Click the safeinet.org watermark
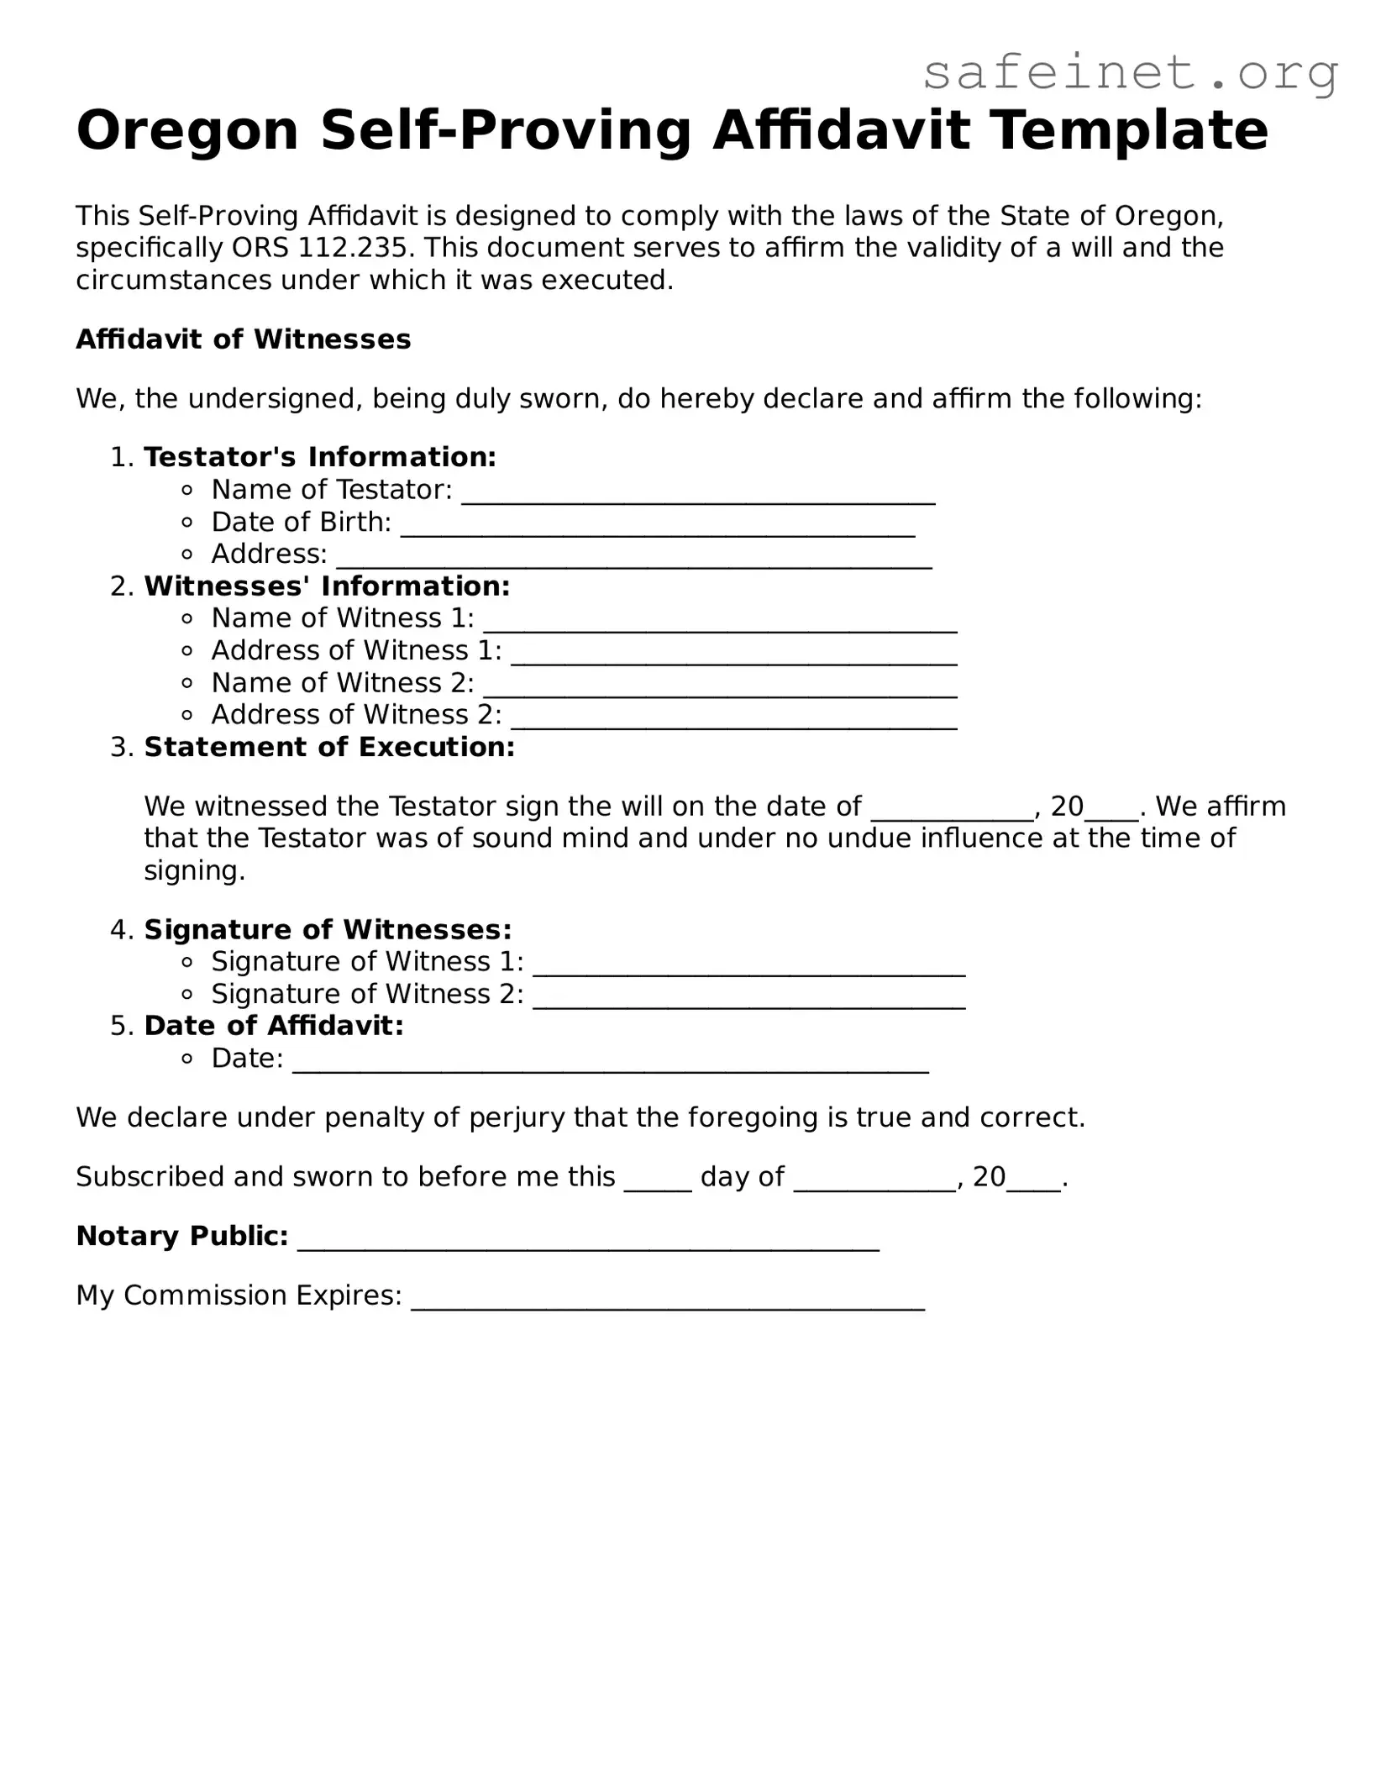pos(1130,73)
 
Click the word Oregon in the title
pos(187,131)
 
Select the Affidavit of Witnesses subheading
pos(244,339)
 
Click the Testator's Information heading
pos(320,457)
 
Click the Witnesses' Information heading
pos(327,586)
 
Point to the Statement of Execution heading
pos(329,747)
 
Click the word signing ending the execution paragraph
pos(194,870)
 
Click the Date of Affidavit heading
pos(274,1026)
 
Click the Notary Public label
pos(182,1236)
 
